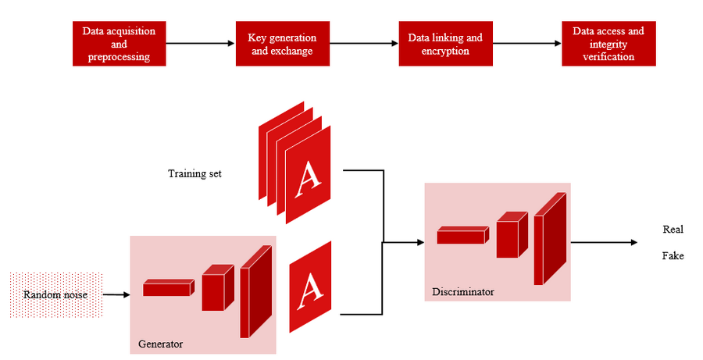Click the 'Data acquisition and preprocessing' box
click(x=120, y=44)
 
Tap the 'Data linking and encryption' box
click(x=445, y=45)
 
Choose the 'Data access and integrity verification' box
click(x=608, y=45)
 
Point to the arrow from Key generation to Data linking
click(x=362, y=45)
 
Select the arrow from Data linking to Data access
click(x=527, y=45)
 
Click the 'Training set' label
click(x=194, y=173)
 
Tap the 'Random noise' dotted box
click(x=56, y=294)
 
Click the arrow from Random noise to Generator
click(x=116, y=294)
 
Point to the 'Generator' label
click(x=160, y=343)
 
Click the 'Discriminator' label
click(x=463, y=292)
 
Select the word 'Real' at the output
click(x=673, y=230)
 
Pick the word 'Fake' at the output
click(x=673, y=255)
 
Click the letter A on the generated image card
click(x=312, y=287)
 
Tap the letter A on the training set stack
click(x=311, y=179)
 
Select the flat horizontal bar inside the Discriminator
click(x=462, y=234)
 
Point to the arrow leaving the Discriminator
click(x=603, y=243)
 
